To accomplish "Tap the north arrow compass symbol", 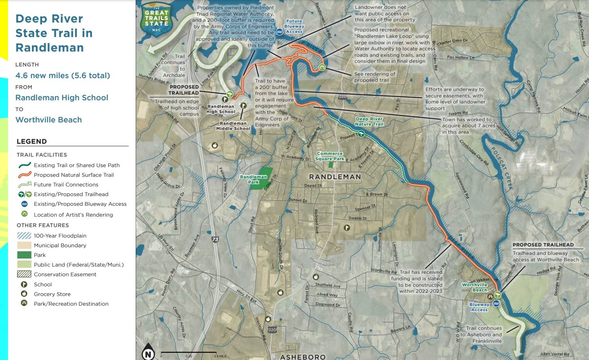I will (x=148, y=352).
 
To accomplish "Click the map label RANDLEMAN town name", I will (x=335, y=177).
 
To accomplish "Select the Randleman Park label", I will (x=253, y=179).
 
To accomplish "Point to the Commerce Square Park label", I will (x=330, y=156).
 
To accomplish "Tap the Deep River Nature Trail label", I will (x=369, y=121).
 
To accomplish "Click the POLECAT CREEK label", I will (x=502, y=168).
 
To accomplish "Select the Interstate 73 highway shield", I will (x=215, y=239).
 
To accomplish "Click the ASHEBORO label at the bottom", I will (x=303, y=357).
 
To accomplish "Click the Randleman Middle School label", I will (x=233, y=126).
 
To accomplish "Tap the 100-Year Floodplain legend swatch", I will (x=24, y=236).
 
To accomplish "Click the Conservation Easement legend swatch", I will (x=24, y=274).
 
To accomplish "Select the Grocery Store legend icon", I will (x=24, y=294).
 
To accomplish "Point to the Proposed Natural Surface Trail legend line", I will (x=24, y=175).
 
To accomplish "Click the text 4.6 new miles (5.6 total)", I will (x=62, y=75).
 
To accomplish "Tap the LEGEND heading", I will (x=31, y=141).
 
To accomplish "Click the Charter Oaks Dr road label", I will (x=452, y=41).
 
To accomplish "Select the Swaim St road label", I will (x=358, y=218).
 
